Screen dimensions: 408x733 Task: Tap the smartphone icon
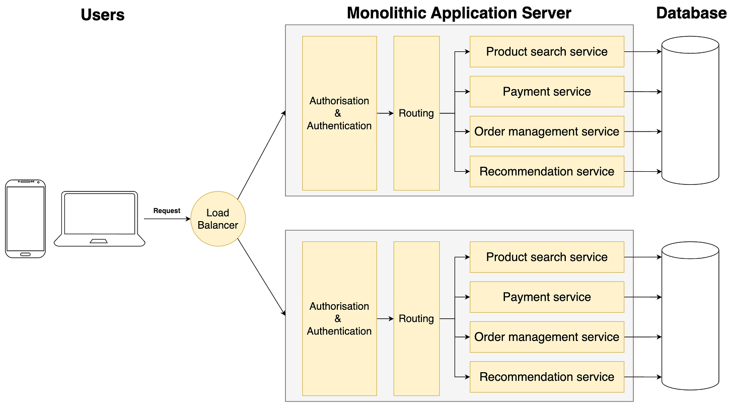click(x=25, y=219)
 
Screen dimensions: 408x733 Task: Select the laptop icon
click(x=100, y=219)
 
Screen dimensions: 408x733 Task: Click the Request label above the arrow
click(x=167, y=211)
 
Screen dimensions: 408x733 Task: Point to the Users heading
click(x=102, y=15)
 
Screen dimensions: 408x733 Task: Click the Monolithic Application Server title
click(x=459, y=13)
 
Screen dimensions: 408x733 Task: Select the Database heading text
click(x=691, y=13)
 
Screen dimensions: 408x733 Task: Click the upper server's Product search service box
click(x=546, y=51)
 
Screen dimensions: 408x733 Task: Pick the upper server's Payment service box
click(x=546, y=92)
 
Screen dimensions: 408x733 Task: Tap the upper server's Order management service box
click(x=546, y=131)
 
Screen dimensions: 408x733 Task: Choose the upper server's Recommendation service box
click(x=546, y=171)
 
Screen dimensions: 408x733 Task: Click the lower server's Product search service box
click(x=546, y=257)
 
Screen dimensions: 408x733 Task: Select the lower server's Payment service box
click(x=546, y=297)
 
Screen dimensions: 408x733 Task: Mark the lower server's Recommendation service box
click(x=546, y=377)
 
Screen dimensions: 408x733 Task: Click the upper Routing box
click(x=416, y=113)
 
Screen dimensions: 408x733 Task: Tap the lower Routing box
click(x=416, y=319)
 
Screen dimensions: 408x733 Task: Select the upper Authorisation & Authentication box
click(x=339, y=113)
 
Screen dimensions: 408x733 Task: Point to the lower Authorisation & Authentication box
click(x=339, y=319)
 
